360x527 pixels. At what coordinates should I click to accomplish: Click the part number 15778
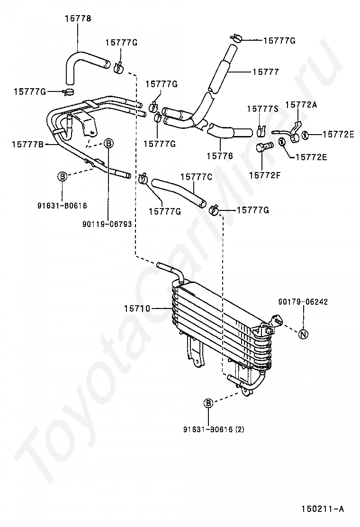click(x=78, y=19)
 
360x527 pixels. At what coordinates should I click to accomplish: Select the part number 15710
click(x=137, y=309)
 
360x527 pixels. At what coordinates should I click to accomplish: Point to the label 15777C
click(x=195, y=177)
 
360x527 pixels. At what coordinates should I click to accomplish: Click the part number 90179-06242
click(x=303, y=301)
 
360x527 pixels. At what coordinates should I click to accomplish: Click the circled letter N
click(x=304, y=334)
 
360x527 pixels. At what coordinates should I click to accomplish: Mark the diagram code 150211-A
click(x=322, y=509)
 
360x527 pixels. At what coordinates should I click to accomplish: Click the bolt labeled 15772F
click(x=263, y=147)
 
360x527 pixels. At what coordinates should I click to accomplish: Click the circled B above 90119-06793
click(x=108, y=143)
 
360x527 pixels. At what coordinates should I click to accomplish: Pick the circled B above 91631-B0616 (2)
click(x=208, y=404)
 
